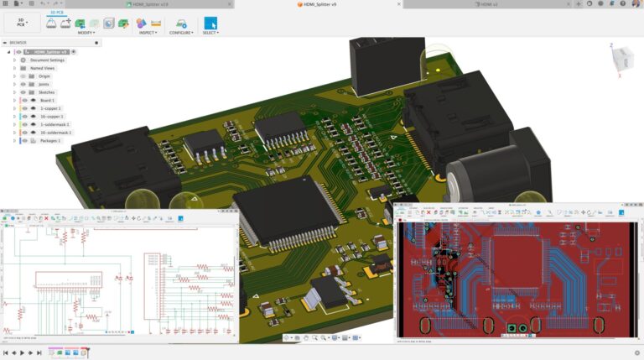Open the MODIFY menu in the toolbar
tap(86, 33)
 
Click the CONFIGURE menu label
tap(180, 33)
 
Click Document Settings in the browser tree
tap(47, 60)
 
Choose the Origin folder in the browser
tap(44, 76)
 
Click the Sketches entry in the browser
tap(47, 92)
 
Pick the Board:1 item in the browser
tap(47, 101)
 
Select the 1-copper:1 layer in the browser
tap(49, 109)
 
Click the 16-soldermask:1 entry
tap(55, 133)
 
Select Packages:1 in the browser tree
tap(49, 141)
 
